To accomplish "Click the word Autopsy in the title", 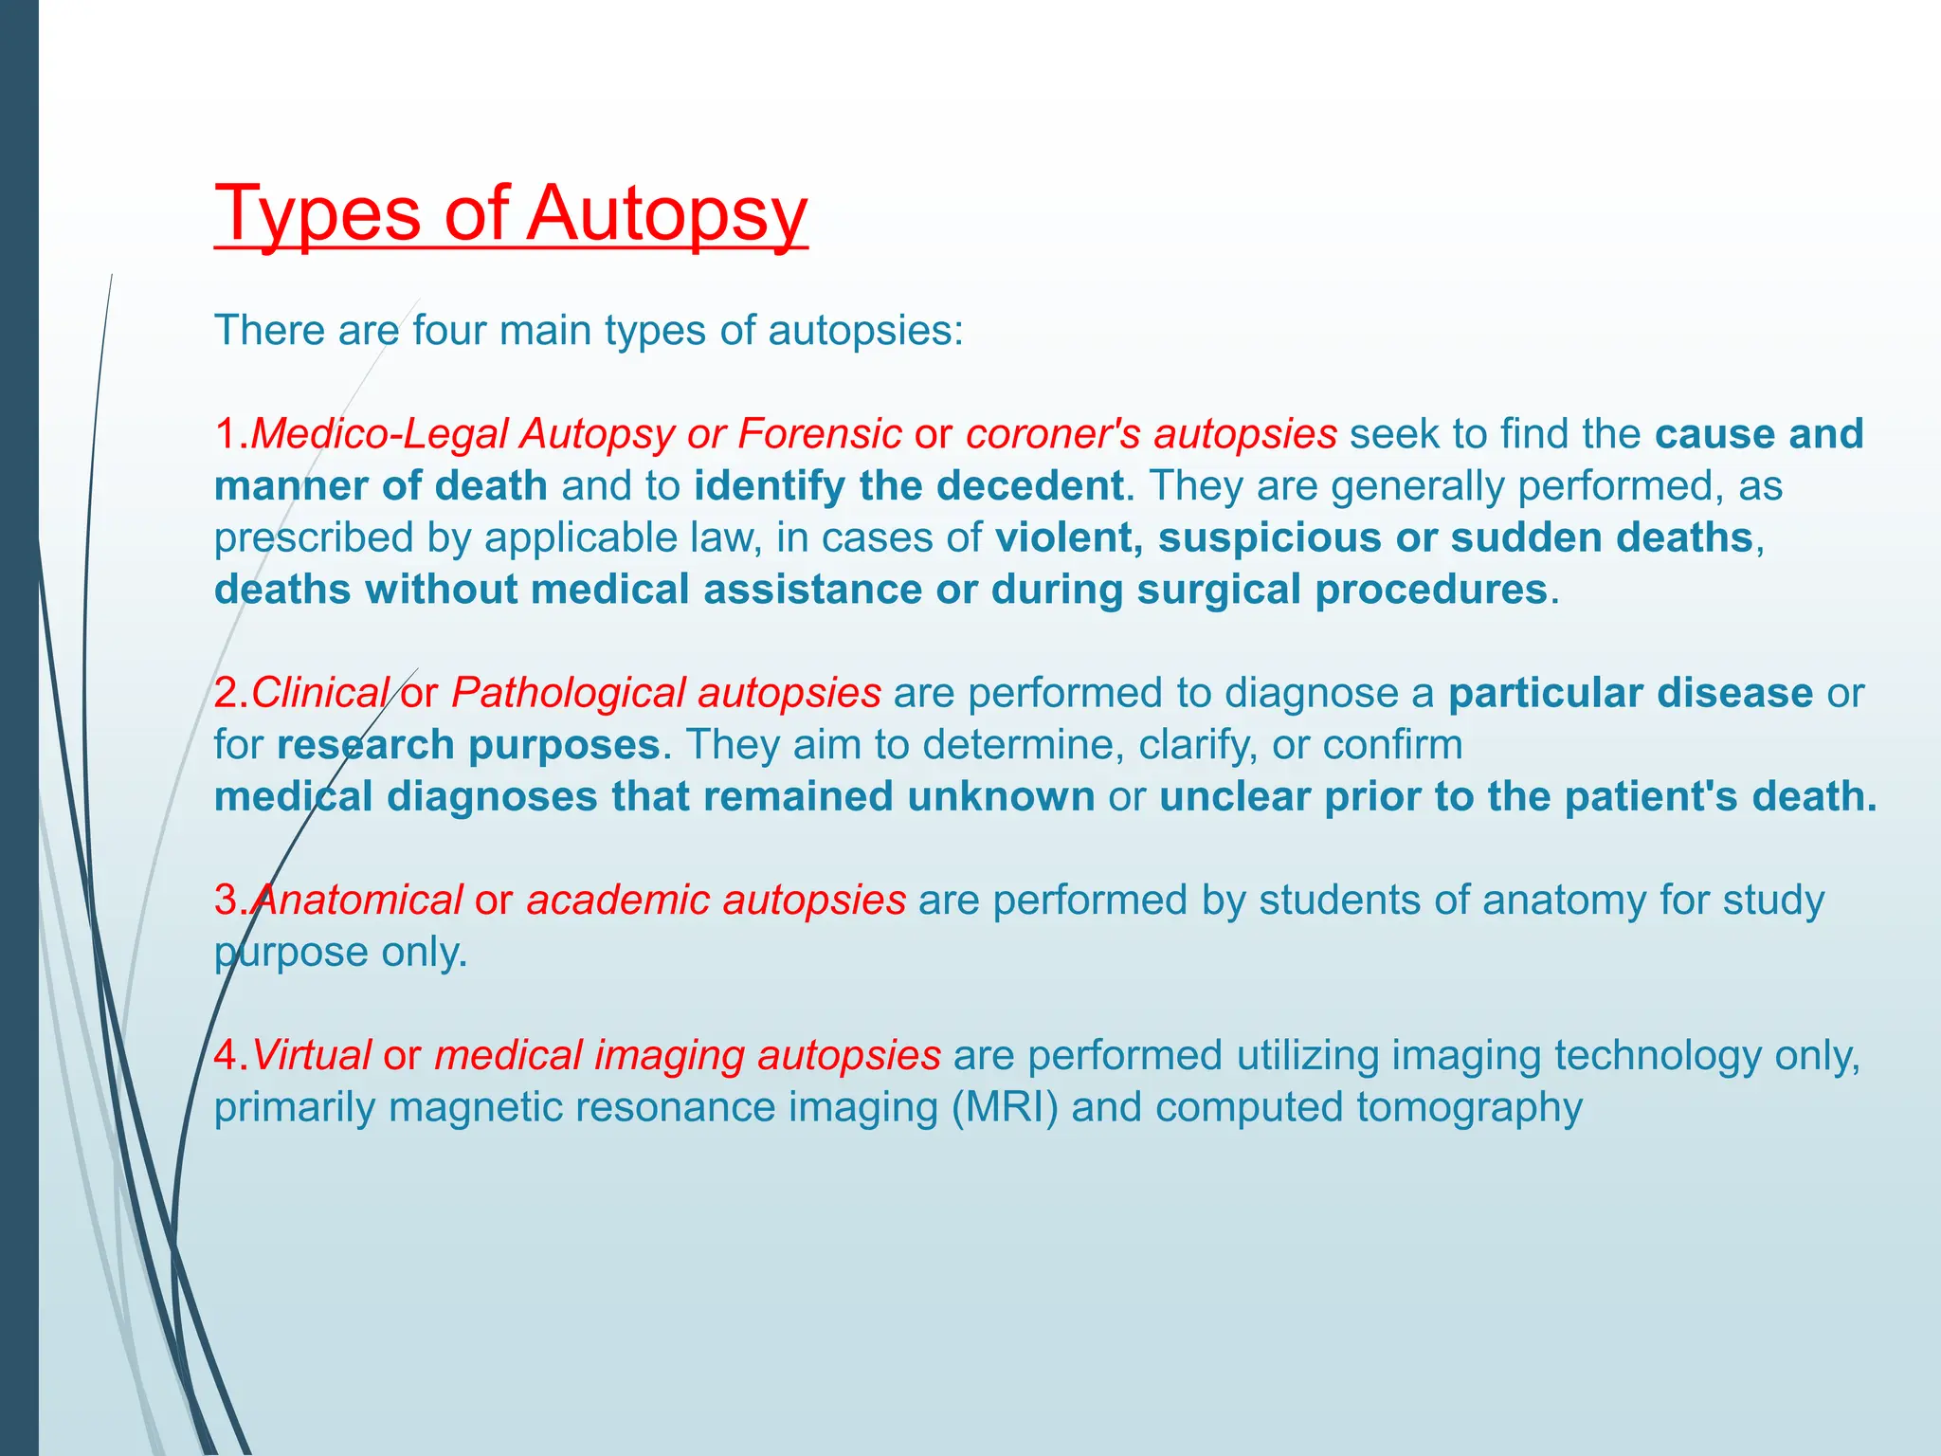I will [x=666, y=214].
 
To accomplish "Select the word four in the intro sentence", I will [x=448, y=331].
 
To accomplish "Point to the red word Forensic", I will [x=819, y=434].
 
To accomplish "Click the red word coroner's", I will [x=1053, y=434].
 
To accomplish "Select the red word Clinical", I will [x=320, y=693].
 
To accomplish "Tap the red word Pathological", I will [x=568, y=693].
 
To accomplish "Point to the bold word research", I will [x=365, y=745].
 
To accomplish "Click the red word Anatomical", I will [x=358, y=901].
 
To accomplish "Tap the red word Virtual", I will [x=312, y=1056].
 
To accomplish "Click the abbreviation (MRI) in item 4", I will [x=1005, y=1107].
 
